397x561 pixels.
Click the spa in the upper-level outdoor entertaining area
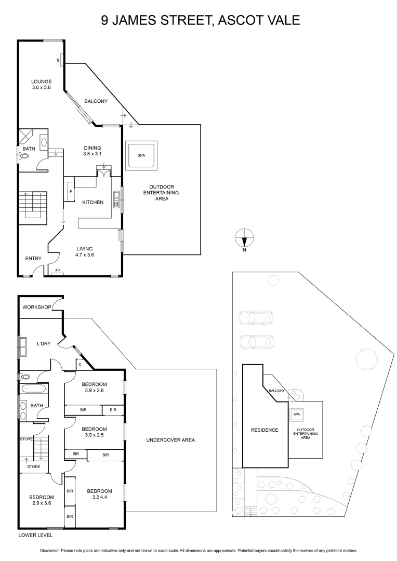click(x=141, y=155)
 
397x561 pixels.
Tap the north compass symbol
click(x=244, y=239)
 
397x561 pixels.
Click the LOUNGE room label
click(x=41, y=85)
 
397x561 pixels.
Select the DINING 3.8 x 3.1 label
click(x=91, y=151)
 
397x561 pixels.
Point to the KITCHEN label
click(x=92, y=202)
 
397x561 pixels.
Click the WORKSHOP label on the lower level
click(x=36, y=307)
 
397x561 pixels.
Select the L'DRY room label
click(x=43, y=344)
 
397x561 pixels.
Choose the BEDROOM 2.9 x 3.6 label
click(x=41, y=500)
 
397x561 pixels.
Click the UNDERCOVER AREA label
click(x=170, y=440)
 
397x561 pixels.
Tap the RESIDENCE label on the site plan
click(x=264, y=430)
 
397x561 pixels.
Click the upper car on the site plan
click(x=255, y=317)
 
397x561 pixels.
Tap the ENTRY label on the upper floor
click(x=33, y=258)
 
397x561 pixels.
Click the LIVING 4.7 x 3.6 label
click(x=86, y=252)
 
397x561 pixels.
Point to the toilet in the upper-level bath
click(x=24, y=155)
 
